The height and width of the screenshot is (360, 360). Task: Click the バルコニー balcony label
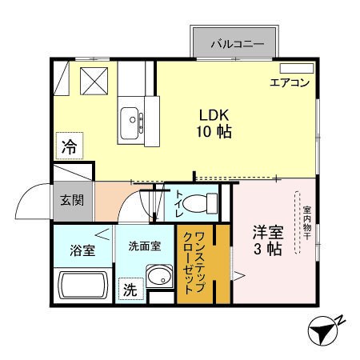[x=237, y=43]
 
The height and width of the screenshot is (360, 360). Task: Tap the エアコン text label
[x=289, y=82]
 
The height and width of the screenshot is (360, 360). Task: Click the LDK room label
[x=214, y=114]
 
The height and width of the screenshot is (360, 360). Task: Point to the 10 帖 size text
[x=214, y=132]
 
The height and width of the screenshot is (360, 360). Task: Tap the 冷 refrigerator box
[x=70, y=147]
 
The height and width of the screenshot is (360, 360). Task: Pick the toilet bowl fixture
[x=198, y=205]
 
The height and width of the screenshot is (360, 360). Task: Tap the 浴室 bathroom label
[x=82, y=250]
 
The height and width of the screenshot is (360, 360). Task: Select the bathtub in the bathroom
[x=82, y=286]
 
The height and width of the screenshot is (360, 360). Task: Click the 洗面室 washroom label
[x=144, y=246]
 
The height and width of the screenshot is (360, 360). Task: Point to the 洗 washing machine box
[x=130, y=290]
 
